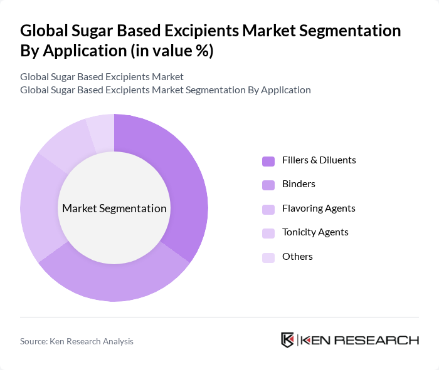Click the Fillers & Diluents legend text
[319, 160]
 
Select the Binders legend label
[299, 184]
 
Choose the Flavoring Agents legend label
[319, 208]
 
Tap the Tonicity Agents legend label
[315, 232]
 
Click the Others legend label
[297, 257]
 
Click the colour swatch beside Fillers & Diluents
[268, 161]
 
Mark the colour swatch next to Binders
[268, 185]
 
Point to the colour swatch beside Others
[268, 257]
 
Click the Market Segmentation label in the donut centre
[114, 208]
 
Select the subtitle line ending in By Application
[165, 90]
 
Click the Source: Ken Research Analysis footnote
[77, 341]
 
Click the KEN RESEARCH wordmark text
[359, 341]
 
